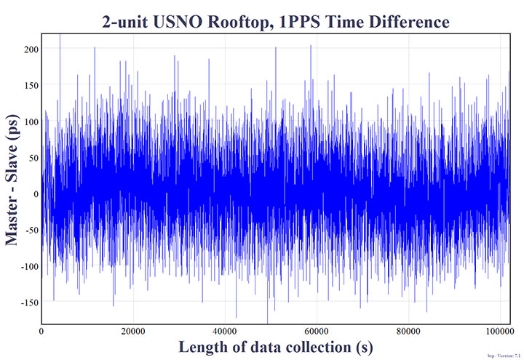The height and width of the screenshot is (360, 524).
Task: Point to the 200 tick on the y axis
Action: [x=30, y=48]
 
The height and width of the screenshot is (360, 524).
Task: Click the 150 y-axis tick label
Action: [x=30, y=84]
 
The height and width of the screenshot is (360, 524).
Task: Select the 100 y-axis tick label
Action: [x=30, y=121]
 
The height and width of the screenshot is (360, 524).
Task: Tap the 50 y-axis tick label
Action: [x=32, y=157]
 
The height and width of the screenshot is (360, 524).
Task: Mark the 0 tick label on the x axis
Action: [x=41, y=331]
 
